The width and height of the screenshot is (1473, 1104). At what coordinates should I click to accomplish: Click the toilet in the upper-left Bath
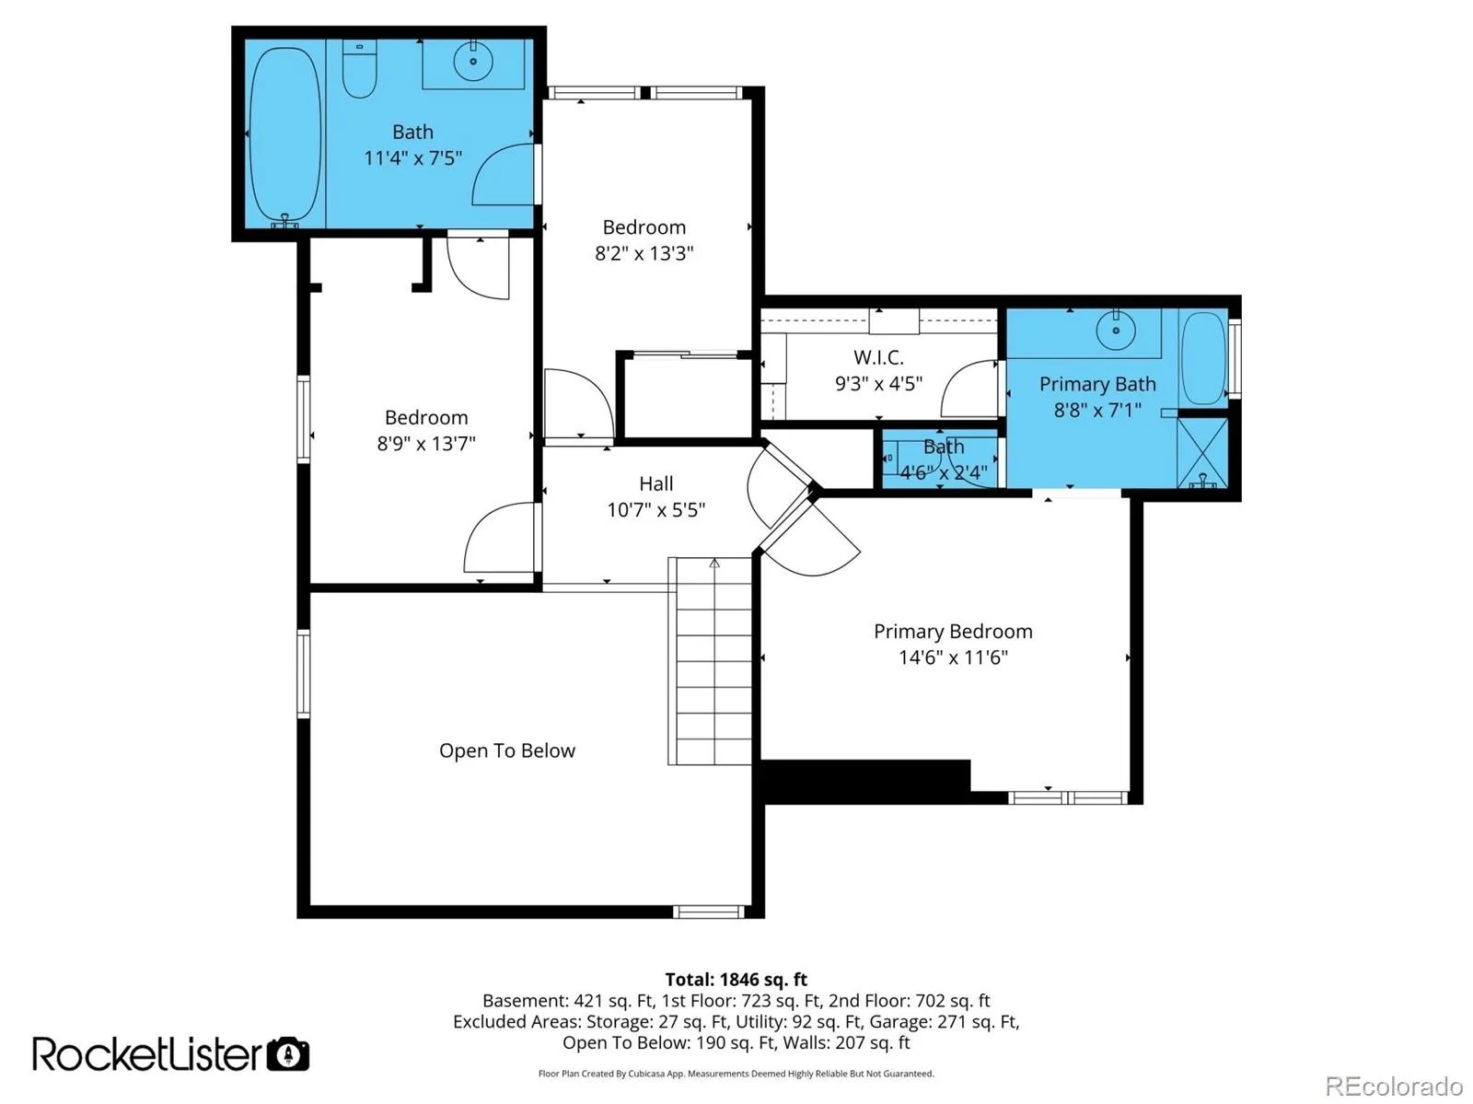click(359, 68)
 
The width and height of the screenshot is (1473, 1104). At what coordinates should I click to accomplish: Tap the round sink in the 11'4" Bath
click(473, 61)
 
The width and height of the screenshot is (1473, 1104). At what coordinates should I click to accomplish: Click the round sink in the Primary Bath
click(1115, 330)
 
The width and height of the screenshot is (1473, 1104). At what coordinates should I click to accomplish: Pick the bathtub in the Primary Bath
click(1204, 358)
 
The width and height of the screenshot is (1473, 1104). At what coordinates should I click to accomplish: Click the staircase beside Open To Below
click(710, 661)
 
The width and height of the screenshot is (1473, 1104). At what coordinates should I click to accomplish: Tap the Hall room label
click(655, 483)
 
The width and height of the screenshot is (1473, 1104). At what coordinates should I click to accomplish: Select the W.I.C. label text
click(877, 357)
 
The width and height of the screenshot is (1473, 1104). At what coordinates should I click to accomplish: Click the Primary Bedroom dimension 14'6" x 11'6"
click(953, 657)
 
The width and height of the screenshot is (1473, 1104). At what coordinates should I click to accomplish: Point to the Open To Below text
click(506, 750)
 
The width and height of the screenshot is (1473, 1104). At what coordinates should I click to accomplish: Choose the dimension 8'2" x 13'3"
click(644, 253)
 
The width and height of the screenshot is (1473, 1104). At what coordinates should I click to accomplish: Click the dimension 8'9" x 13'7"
click(425, 444)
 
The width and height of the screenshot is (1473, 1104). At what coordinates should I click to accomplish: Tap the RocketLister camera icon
click(288, 1054)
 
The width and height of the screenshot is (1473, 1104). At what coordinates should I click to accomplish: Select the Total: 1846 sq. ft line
click(736, 980)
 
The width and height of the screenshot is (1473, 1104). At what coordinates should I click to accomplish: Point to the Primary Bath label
click(1097, 384)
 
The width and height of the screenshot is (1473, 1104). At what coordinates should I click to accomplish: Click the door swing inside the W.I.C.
click(968, 389)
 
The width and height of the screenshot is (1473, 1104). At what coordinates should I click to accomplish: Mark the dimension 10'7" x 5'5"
click(655, 510)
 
